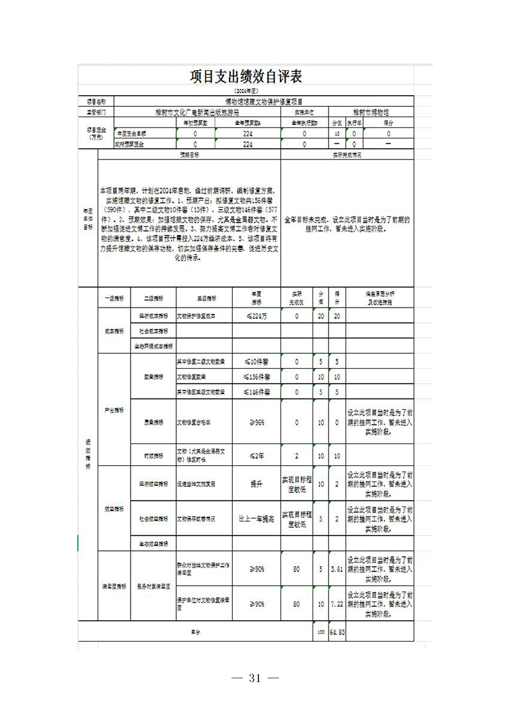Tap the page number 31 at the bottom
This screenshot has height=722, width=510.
pyautogui.click(x=255, y=678)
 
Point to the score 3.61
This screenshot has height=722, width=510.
pyautogui.click(x=337, y=569)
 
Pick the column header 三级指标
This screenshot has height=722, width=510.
pyautogui.click(x=205, y=299)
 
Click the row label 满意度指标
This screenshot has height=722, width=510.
pyautogui.click(x=114, y=587)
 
